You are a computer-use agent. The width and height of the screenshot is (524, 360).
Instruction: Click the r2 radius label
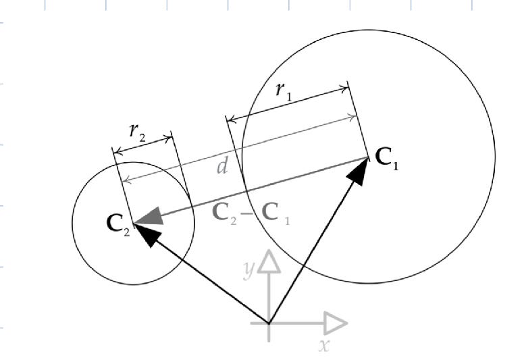pos(137,132)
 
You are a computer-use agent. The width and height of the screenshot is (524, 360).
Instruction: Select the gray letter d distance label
pos(222,166)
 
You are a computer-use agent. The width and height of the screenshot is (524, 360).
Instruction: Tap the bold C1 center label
pos(386,159)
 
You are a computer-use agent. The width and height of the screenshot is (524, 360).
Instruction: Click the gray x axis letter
pos(324,346)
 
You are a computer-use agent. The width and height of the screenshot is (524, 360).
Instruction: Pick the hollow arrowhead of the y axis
pos(269,261)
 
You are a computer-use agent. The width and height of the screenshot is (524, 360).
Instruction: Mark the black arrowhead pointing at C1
pos(360,171)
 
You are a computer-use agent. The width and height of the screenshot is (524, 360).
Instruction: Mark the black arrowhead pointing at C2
pos(148,234)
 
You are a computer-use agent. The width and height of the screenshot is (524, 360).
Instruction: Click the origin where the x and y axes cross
pos(269,324)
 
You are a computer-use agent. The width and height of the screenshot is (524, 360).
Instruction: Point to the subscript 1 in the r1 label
pos(289,97)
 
